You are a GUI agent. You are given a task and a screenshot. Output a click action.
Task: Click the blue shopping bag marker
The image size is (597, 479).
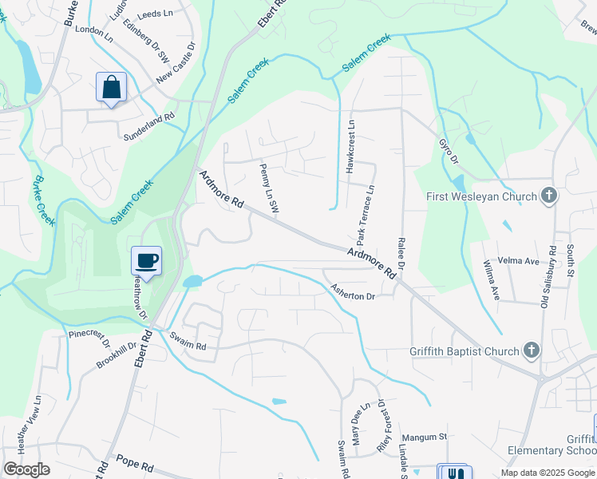[111, 87]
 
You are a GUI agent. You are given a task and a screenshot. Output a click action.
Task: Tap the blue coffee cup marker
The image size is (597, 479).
[147, 260]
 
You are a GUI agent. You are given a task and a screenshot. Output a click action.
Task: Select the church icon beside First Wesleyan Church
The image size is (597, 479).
[548, 196]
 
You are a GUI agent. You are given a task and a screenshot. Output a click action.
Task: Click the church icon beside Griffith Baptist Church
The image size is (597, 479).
[532, 350]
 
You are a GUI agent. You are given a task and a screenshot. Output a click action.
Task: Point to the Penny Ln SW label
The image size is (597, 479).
[268, 189]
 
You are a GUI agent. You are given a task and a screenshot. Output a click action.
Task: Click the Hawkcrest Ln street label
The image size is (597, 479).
[350, 147]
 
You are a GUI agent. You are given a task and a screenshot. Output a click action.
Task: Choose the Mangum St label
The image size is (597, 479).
[425, 437]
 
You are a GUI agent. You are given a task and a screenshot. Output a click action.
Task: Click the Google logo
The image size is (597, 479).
[26, 469]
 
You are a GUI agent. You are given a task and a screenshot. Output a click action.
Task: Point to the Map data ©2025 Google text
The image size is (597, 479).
[547, 473]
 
